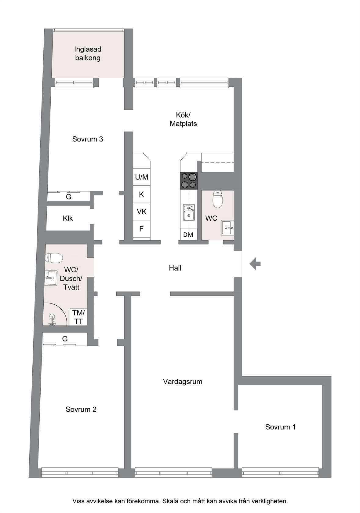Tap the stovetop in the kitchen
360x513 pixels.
tap(189, 181)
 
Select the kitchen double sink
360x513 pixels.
tap(189, 213)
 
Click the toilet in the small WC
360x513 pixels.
tap(217, 199)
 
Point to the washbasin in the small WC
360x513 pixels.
tap(227, 228)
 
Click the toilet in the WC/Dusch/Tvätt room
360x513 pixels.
tap(54, 258)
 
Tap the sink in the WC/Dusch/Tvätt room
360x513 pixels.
tap(51, 278)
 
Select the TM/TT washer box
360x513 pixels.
tap(78, 317)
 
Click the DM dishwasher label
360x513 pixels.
tap(188, 235)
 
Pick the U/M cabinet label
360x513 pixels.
tap(142, 177)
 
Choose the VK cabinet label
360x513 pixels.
tap(142, 211)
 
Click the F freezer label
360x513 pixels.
tap(141, 228)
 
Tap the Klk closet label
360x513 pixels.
tap(67, 218)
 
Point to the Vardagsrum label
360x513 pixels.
tap(183, 382)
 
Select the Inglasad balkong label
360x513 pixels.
tap(88, 53)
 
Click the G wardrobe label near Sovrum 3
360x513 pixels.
tap(68, 197)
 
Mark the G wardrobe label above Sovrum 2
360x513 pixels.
tap(65, 338)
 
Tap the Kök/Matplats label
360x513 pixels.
tap(183, 119)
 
